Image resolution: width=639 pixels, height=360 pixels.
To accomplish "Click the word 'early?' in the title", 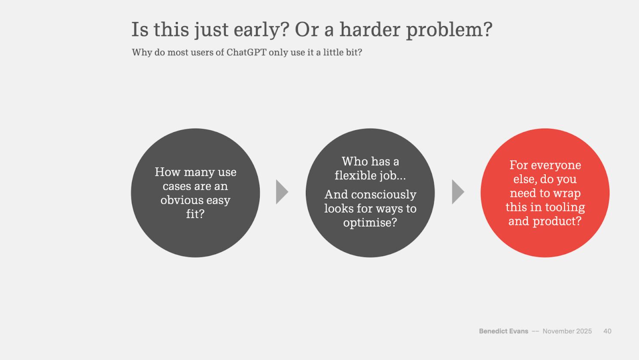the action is [x=261, y=30].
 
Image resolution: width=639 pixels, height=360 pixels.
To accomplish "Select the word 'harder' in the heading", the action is [x=370, y=29].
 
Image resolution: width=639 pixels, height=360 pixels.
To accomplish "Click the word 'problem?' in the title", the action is [x=449, y=30].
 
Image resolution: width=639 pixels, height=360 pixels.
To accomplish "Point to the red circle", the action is [x=545, y=193].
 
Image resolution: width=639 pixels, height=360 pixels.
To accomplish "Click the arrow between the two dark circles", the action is [x=282, y=192].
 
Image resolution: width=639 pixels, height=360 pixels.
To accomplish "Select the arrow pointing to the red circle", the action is [x=458, y=192].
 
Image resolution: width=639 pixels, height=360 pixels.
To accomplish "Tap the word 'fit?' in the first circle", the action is [x=195, y=214].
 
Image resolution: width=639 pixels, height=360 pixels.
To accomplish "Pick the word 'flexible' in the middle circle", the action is [x=353, y=175].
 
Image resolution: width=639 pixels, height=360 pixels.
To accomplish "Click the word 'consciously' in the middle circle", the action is [x=383, y=195].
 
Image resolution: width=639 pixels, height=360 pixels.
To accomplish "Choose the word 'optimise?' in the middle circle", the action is [x=370, y=223].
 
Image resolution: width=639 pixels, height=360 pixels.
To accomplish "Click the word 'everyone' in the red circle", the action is [x=556, y=165].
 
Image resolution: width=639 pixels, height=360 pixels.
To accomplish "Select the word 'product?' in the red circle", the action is [x=557, y=221].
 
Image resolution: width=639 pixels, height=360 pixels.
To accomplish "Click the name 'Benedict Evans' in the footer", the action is [x=503, y=331].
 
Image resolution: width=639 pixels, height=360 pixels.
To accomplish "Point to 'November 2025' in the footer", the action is [x=567, y=331].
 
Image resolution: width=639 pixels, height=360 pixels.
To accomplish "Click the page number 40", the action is [x=607, y=331].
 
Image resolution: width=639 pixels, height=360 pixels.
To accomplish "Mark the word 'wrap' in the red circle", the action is [x=567, y=193].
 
